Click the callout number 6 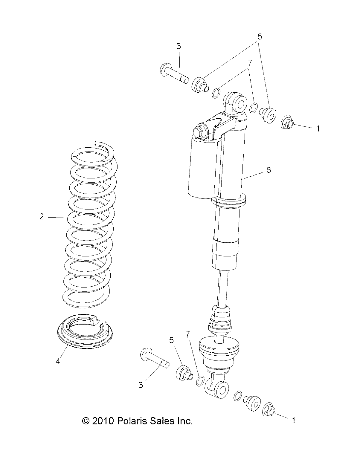pos(269,170)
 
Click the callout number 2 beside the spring pos(42,217)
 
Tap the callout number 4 pos(58,361)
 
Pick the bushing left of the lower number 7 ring pos(184,372)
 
